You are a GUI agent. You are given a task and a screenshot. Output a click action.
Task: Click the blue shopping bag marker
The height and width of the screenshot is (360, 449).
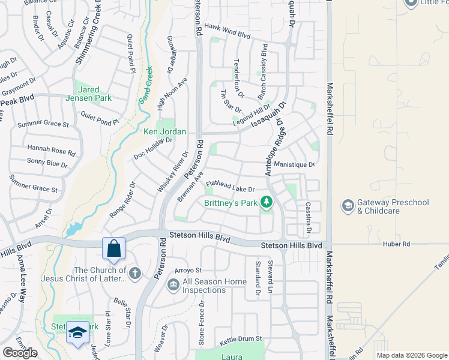tap(113, 248)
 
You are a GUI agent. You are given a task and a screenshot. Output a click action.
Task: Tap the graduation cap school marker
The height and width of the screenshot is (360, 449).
tap(77, 332)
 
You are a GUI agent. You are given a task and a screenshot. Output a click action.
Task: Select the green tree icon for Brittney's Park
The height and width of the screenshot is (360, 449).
tap(265, 203)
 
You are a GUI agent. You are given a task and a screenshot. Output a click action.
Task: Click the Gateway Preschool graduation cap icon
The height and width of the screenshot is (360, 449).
tap(348, 206)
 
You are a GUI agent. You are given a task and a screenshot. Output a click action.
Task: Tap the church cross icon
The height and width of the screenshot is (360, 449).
tap(135, 274)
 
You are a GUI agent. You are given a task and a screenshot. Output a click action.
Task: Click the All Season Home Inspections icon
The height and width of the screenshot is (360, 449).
tap(173, 284)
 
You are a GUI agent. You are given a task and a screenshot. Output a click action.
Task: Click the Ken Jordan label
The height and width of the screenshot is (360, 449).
tap(164, 131)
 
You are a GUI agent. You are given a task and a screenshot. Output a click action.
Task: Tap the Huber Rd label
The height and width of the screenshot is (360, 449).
tap(397, 244)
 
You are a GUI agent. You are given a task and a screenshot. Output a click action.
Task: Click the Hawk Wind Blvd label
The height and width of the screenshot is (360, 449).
tap(227, 35)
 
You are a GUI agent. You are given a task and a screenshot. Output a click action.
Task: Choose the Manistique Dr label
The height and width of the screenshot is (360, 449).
tap(294, 164)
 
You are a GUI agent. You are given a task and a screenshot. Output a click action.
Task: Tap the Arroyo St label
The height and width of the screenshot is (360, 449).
tap(187, 271)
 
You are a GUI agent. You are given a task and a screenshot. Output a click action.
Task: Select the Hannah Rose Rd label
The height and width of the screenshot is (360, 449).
tap(52, 150)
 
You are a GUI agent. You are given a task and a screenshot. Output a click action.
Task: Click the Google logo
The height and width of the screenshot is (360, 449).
tap(20, 352)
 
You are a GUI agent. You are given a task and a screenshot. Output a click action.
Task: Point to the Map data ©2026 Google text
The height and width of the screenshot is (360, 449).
tap(411, 355)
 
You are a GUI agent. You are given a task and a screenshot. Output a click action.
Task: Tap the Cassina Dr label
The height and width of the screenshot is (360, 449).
tap(308, 217)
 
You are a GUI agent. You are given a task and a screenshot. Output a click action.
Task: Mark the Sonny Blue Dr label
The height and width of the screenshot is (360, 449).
tap(48, 163)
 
